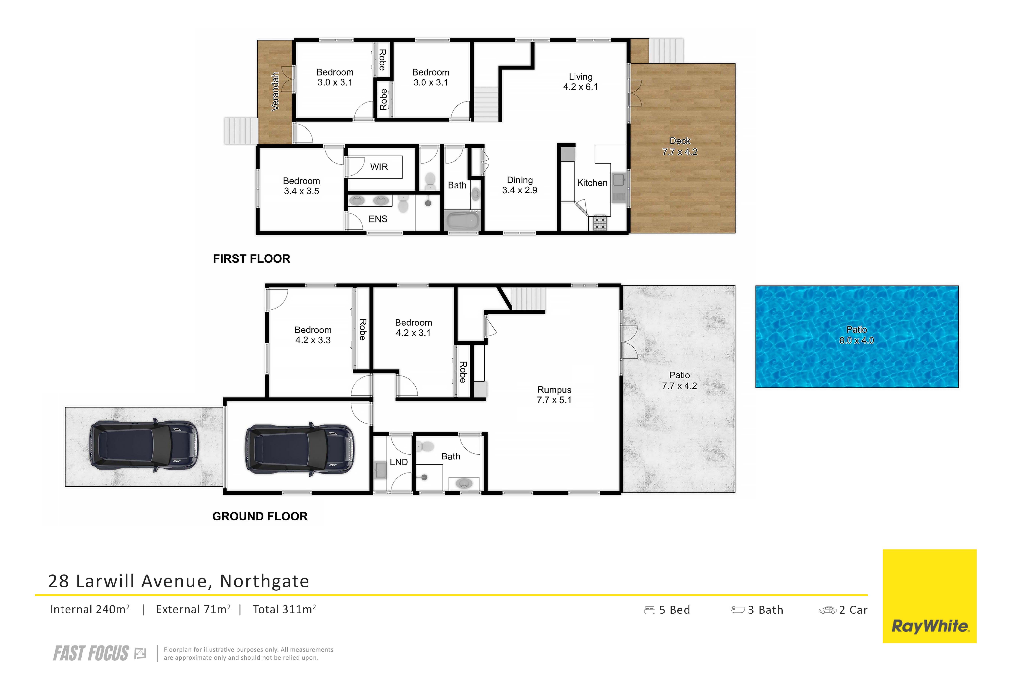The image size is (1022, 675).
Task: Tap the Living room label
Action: (x=581, y=82)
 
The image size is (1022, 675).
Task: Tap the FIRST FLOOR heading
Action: (x=252, y=259)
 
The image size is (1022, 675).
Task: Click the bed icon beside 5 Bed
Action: (x=649, y=610)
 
